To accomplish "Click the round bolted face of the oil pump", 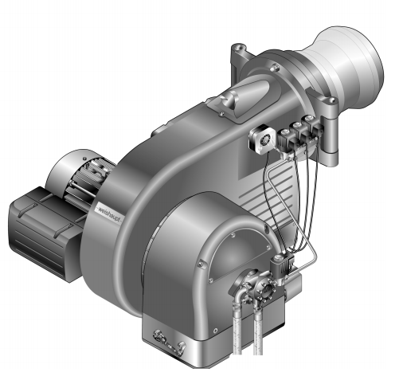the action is pos(265,288).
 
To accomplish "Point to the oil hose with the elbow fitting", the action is pos(238,319).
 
